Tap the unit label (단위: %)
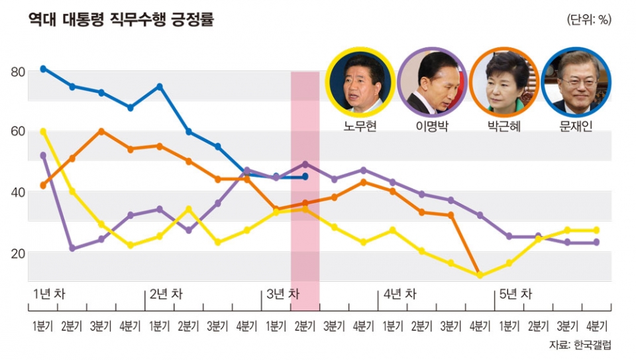point(589,20)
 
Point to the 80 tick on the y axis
point(19,72)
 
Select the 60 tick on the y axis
point(19,131)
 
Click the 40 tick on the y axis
point(19,192)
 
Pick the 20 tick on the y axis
point(19,253)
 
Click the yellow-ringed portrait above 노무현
point(361,82)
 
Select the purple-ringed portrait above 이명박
point(433,82)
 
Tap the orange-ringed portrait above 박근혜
point(503,82)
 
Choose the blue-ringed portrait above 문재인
point(576,82)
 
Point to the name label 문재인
point(576,125)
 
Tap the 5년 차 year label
point(515,293)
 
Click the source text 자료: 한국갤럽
point(580,345)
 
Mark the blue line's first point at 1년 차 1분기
point(43,68)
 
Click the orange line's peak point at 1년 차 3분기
point(101,131)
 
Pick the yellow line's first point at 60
point(43,131)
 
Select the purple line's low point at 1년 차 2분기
point(72,249)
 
